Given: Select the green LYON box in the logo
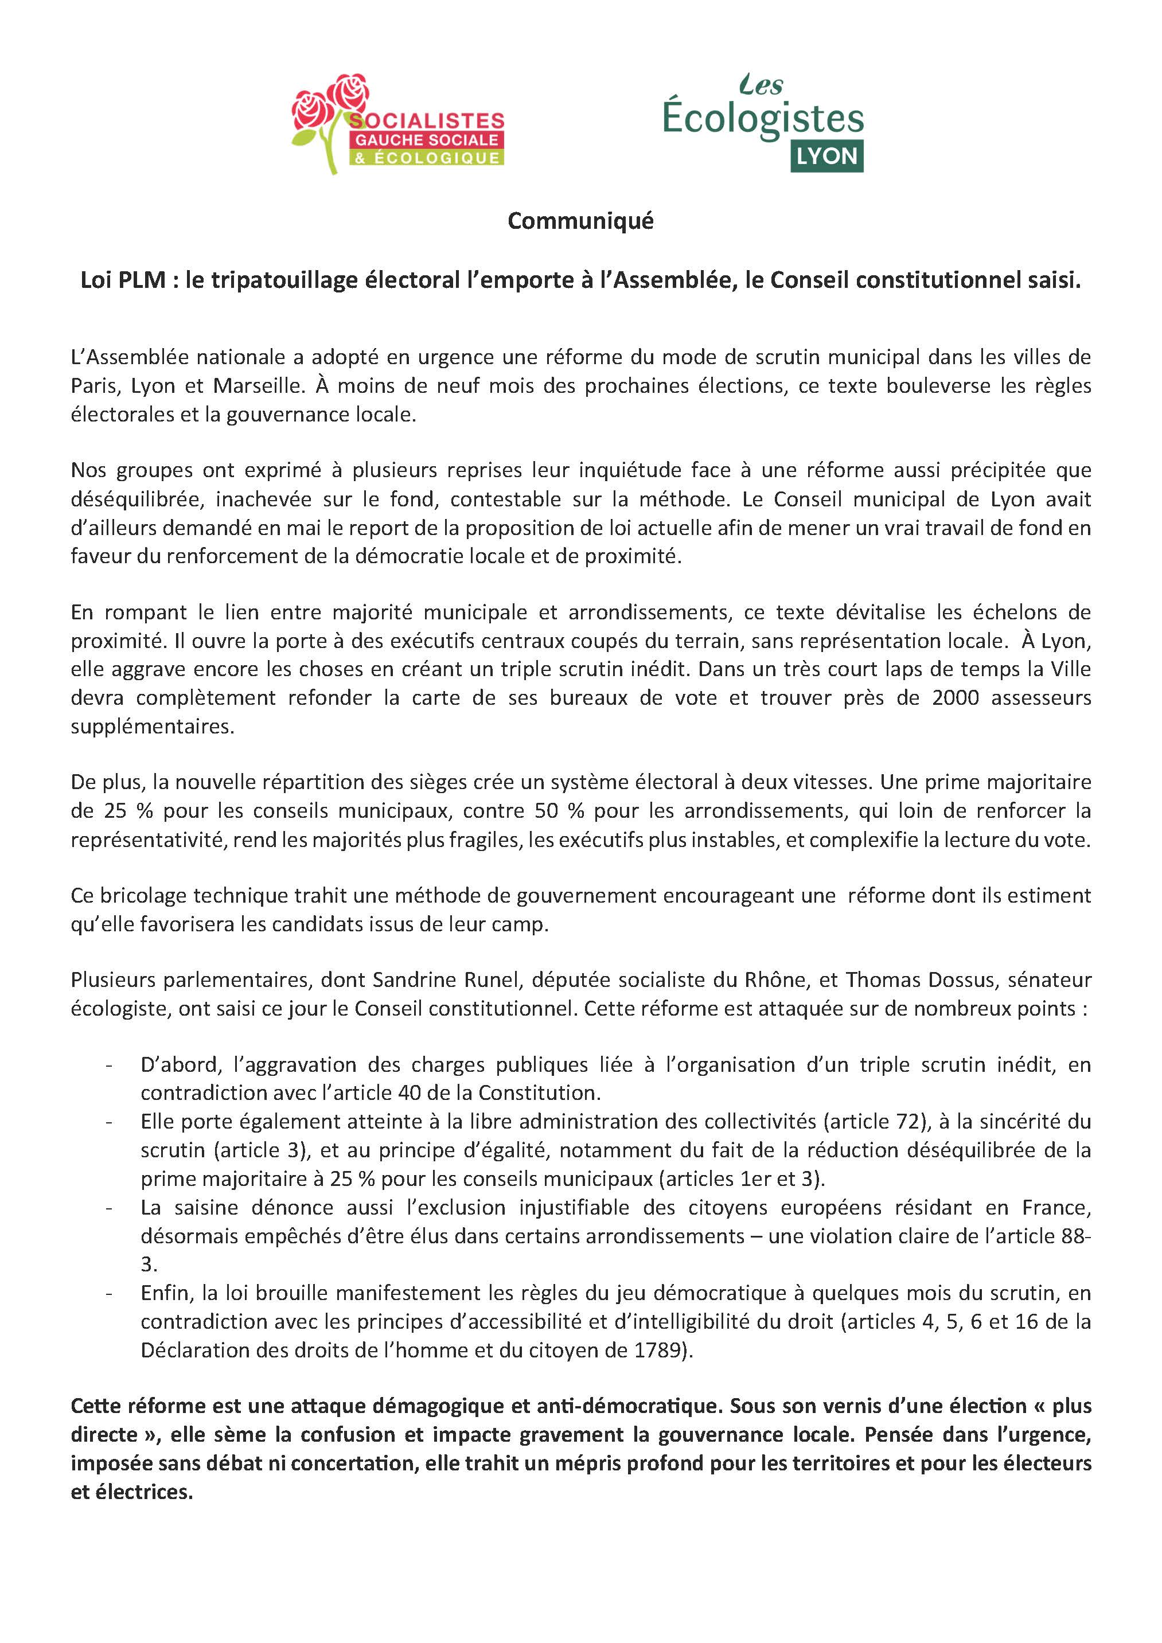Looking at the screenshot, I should (826, 156).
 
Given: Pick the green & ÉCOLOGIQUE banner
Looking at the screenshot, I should (427, 158).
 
